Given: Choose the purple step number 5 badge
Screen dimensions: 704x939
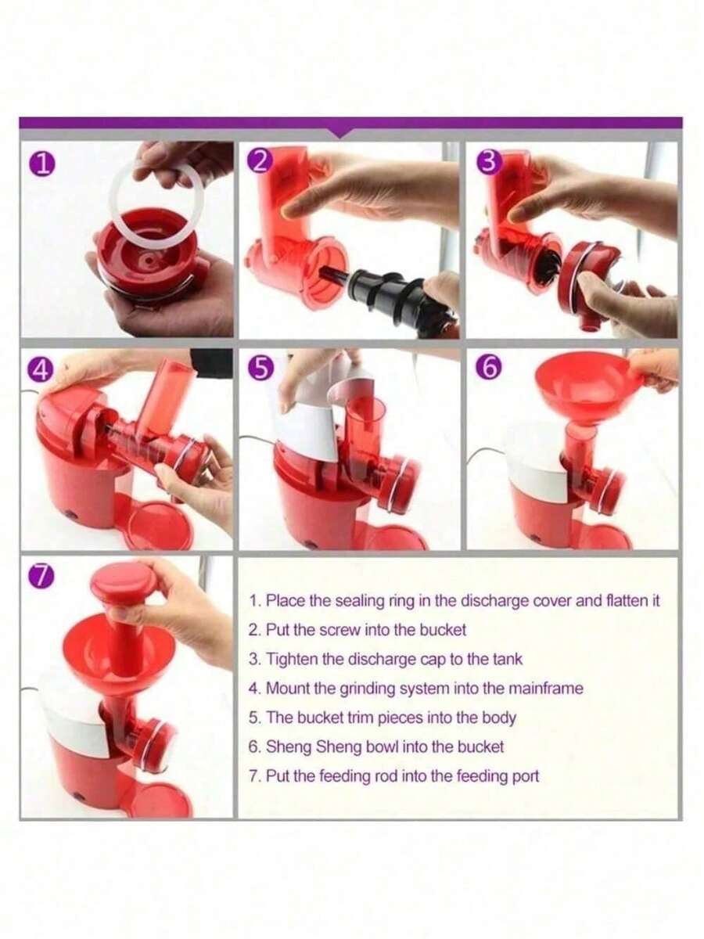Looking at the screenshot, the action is [x=263, y=369].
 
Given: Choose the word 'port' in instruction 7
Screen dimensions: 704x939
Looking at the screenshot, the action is [x=526, y=776].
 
